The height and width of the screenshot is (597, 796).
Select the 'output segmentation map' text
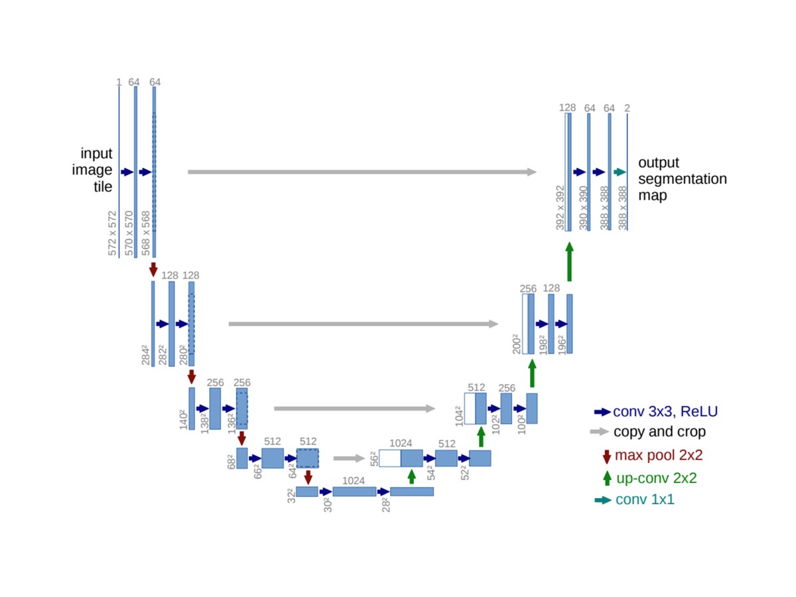682,179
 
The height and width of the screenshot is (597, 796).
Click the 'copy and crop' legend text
659,432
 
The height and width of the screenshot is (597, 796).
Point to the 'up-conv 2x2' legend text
656,478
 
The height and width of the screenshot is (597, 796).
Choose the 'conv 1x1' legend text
645,499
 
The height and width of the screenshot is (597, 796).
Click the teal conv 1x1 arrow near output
620,172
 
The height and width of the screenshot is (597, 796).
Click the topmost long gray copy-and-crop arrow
362,172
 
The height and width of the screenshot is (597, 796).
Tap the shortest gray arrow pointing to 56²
349,458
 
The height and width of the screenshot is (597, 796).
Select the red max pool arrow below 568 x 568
154,269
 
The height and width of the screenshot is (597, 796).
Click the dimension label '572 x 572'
112,233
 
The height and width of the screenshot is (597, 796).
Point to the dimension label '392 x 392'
560,208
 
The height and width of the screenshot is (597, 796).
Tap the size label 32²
291,496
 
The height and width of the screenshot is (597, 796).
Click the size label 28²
384,505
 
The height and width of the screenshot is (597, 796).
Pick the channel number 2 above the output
628,108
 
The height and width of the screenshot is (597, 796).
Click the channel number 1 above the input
119,82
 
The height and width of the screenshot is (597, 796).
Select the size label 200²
516,344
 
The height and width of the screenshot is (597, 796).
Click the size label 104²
458,415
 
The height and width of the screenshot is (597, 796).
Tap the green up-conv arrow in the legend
606,478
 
